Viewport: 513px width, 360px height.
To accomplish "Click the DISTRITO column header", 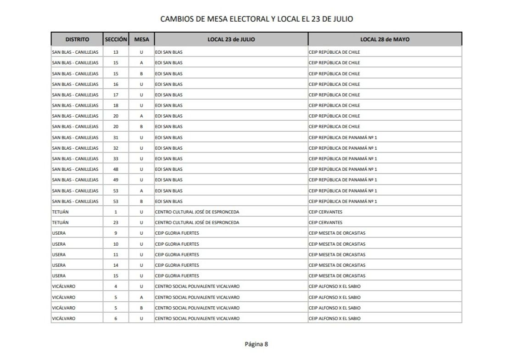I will (77, 39).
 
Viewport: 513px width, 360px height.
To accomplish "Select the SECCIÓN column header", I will (116, 39).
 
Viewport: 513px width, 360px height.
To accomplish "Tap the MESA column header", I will (141, 39).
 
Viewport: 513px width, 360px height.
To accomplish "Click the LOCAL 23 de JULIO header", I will (231, 39).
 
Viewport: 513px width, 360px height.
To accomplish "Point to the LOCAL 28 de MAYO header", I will (385, 39).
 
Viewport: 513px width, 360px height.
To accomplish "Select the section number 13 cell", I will (116, 52).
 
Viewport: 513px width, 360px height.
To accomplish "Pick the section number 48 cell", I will (116, 169).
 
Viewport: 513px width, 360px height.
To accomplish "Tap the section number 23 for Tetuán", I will (116, 223).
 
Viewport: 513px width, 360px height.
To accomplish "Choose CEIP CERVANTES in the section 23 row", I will (326, 223).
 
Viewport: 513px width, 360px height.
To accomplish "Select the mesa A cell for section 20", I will (141, 116).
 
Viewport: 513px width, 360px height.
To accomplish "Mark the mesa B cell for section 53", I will (141, 202).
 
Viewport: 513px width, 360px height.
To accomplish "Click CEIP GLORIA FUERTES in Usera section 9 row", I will (177, 233).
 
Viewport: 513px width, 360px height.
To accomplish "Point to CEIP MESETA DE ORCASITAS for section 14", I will (337, 265).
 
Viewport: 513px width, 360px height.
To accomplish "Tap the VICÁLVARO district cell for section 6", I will (64, 319).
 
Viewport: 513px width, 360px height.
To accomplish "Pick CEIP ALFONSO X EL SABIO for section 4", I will (335, 287).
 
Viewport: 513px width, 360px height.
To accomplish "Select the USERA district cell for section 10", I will (59, 244).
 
